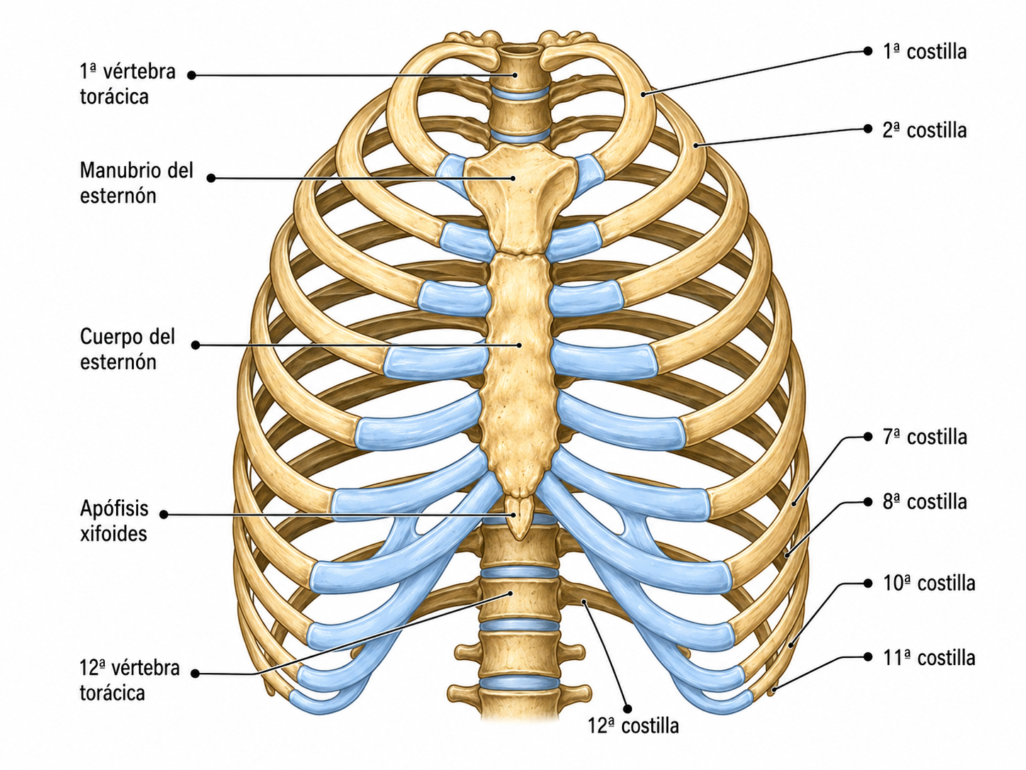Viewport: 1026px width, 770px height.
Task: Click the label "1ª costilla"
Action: (925, 52)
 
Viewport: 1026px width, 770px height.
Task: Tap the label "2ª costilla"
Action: (925, 130)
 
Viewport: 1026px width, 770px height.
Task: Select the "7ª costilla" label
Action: (925, 437)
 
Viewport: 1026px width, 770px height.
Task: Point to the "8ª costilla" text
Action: (925, 502)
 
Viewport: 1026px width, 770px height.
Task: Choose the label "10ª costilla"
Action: (929, 584)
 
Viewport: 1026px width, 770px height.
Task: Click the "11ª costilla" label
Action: (929, 658)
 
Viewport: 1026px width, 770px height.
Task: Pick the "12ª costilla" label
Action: (633, 725)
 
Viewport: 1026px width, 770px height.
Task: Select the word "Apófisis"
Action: (114, 508)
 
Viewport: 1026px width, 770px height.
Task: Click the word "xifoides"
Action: (113, 533)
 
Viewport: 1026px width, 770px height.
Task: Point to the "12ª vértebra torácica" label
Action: (130, 680)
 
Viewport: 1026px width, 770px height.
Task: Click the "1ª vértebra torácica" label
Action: (128, 84)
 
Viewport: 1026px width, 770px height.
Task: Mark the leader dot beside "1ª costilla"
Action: (867, 52)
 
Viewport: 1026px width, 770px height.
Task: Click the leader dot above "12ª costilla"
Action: (628, 709)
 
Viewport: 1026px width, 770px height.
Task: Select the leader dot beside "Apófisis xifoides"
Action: (164, 515)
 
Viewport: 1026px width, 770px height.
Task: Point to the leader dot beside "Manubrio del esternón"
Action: (211, 178)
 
